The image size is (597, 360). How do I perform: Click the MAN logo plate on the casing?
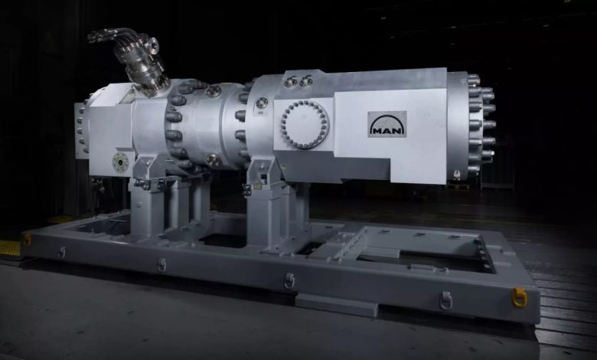click(x=387, y=124)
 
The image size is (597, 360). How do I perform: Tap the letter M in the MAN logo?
click(x=377, y=131)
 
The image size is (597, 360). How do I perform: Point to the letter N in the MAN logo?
click(x=398, y=131)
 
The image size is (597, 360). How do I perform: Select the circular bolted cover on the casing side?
click(x=305, y=124)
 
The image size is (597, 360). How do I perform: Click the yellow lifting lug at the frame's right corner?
click(x=520, y=297)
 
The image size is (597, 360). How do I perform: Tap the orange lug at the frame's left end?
click(x=28, y=239)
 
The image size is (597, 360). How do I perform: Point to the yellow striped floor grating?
click(x=10, y=248)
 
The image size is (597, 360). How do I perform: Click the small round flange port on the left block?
click(x=121, y=162)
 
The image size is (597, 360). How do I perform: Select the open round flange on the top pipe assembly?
click(x=150, y=44)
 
